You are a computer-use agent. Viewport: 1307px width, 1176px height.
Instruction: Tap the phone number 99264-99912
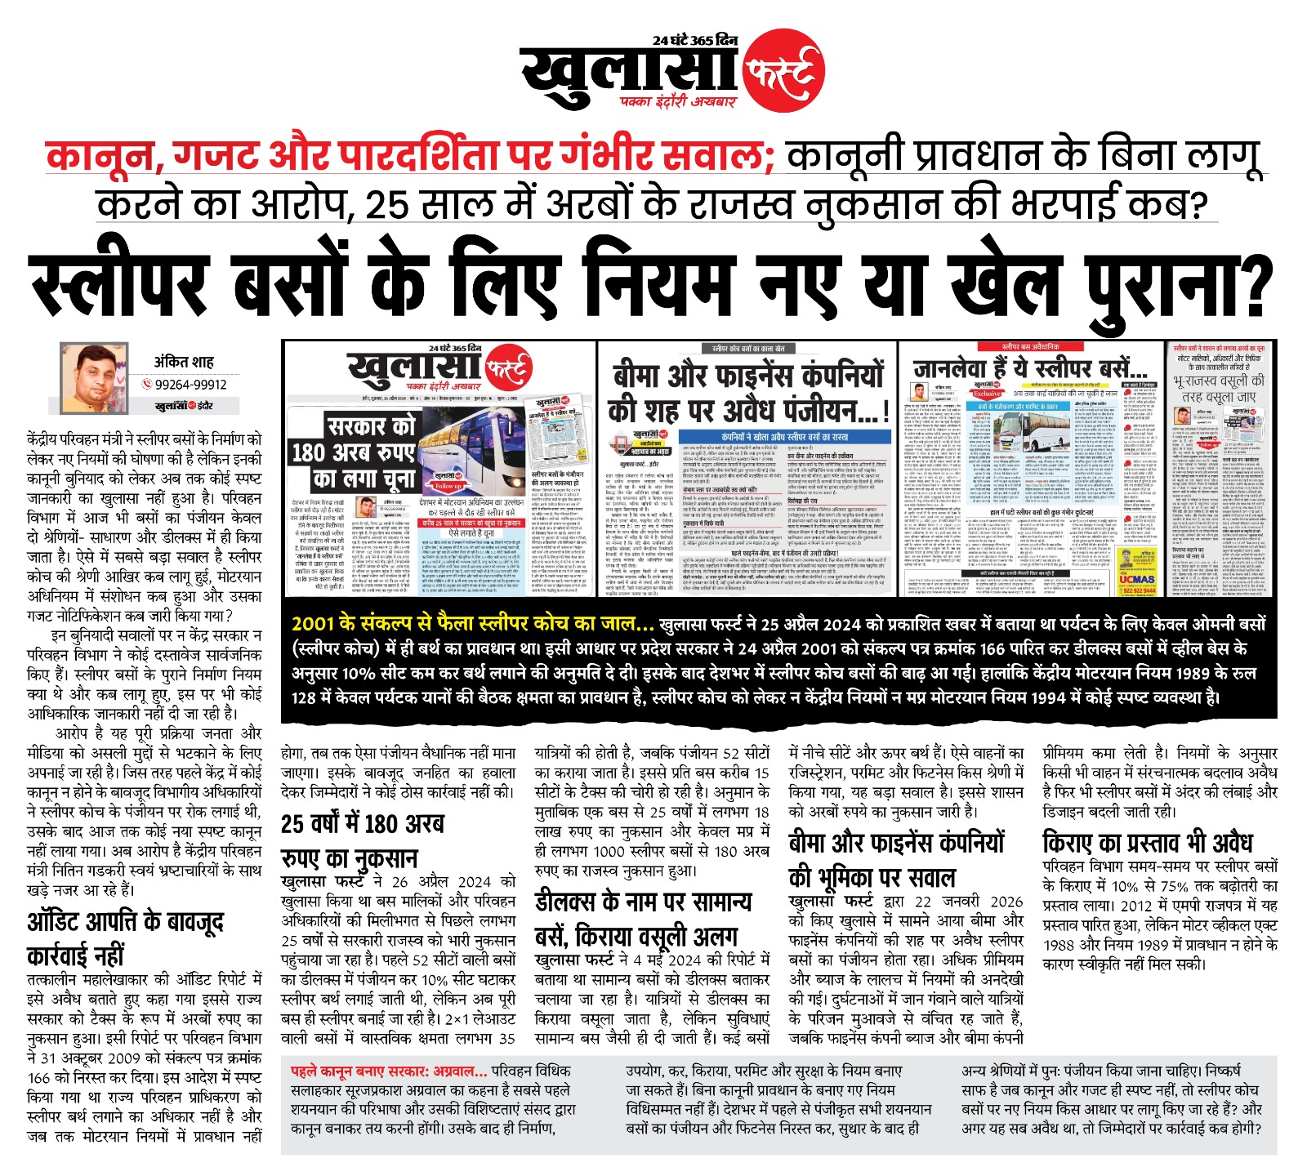[x=190, y=385]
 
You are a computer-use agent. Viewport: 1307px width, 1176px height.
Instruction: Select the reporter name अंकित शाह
[x=184, y=361]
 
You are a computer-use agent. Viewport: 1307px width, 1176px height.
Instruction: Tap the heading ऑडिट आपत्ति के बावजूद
[x=125, y=921]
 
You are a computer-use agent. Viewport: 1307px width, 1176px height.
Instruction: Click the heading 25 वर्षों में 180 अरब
[x=362, y=823]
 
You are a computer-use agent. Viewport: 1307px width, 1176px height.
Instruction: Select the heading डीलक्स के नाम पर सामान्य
[x=643, y=902]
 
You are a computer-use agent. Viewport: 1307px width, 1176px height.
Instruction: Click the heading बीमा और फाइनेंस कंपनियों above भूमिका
[x=896, y=842]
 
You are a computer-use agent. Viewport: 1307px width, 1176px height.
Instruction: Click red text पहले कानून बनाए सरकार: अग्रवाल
[x=388, y=1071]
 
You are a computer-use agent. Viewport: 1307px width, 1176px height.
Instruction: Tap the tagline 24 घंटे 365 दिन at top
[x=694, y=40]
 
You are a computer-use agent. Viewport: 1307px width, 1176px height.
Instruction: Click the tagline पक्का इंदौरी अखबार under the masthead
[x=677, y=102]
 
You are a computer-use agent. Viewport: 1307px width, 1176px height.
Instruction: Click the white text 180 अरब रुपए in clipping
[x=353, y=452]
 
